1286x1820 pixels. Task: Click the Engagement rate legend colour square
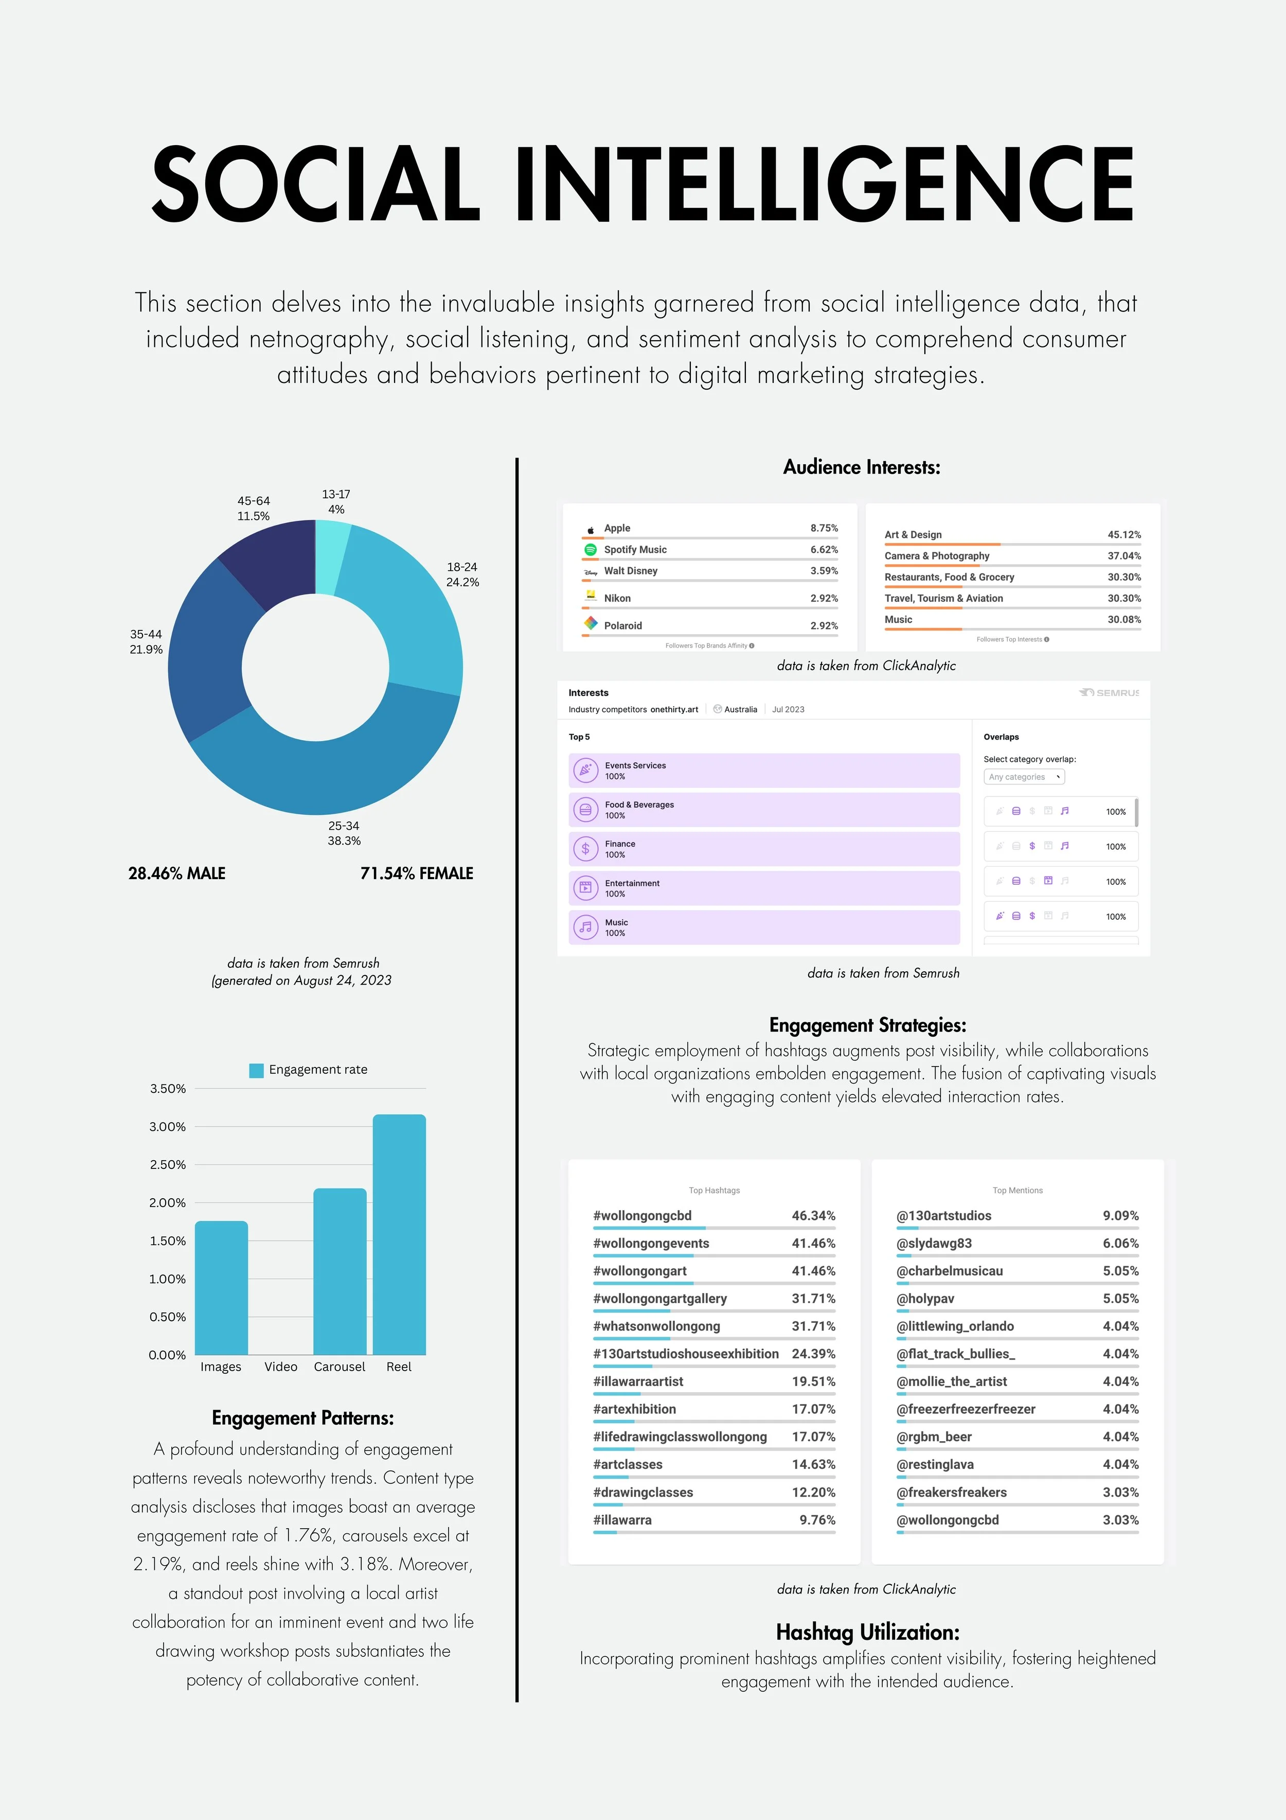[256, 1070]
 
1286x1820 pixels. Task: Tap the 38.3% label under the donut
[344, 840]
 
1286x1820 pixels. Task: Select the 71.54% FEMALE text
[417, 873]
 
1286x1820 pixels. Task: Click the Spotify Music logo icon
[591, 549]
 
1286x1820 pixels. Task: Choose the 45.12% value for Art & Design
[1123, 535]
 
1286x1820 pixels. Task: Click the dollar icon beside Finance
[585, 849]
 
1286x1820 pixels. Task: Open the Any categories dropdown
[1024, 777]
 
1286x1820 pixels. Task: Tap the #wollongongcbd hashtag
[642, 1215]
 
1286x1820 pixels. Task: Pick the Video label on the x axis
[280, 1367]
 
